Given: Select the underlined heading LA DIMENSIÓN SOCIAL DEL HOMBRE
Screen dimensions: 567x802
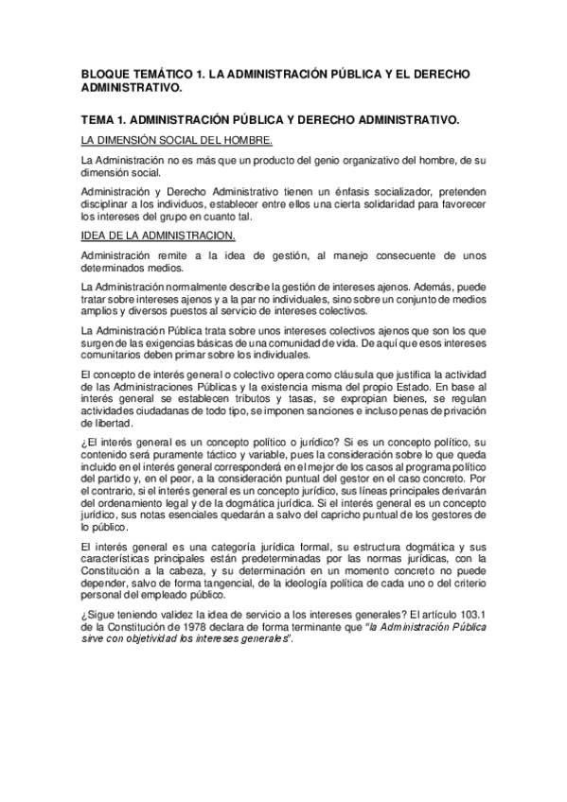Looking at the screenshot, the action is click(x=177, y=141).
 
